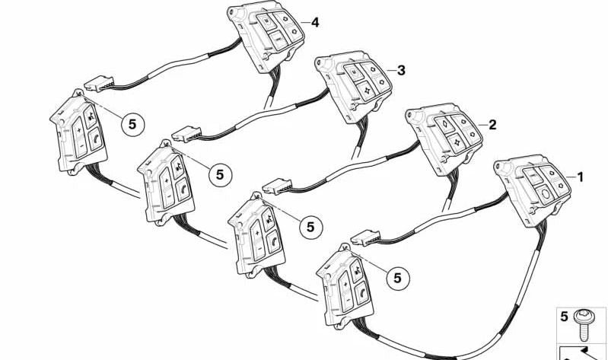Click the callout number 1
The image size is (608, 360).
point(580,177)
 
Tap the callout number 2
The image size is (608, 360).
point(492,125)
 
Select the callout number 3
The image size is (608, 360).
point(401,70)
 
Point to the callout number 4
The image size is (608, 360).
point(315,23)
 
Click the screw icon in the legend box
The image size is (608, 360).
point(582,325)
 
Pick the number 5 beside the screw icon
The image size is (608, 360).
point(564,317)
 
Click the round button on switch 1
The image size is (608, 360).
point(544,193)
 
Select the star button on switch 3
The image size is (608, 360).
point(365,91)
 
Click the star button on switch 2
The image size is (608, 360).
point(456,142)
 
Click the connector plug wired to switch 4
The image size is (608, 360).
point(99,84)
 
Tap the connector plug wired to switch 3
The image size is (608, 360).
point(186,134)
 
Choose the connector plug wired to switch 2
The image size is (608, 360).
point(277,186)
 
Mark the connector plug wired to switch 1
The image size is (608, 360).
point(365,237)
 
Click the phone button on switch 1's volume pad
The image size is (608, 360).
point(361,293)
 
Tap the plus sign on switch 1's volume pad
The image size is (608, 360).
point(344,285)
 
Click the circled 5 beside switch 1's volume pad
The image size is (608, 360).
point(398,278)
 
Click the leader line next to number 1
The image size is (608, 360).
point(571,177)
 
